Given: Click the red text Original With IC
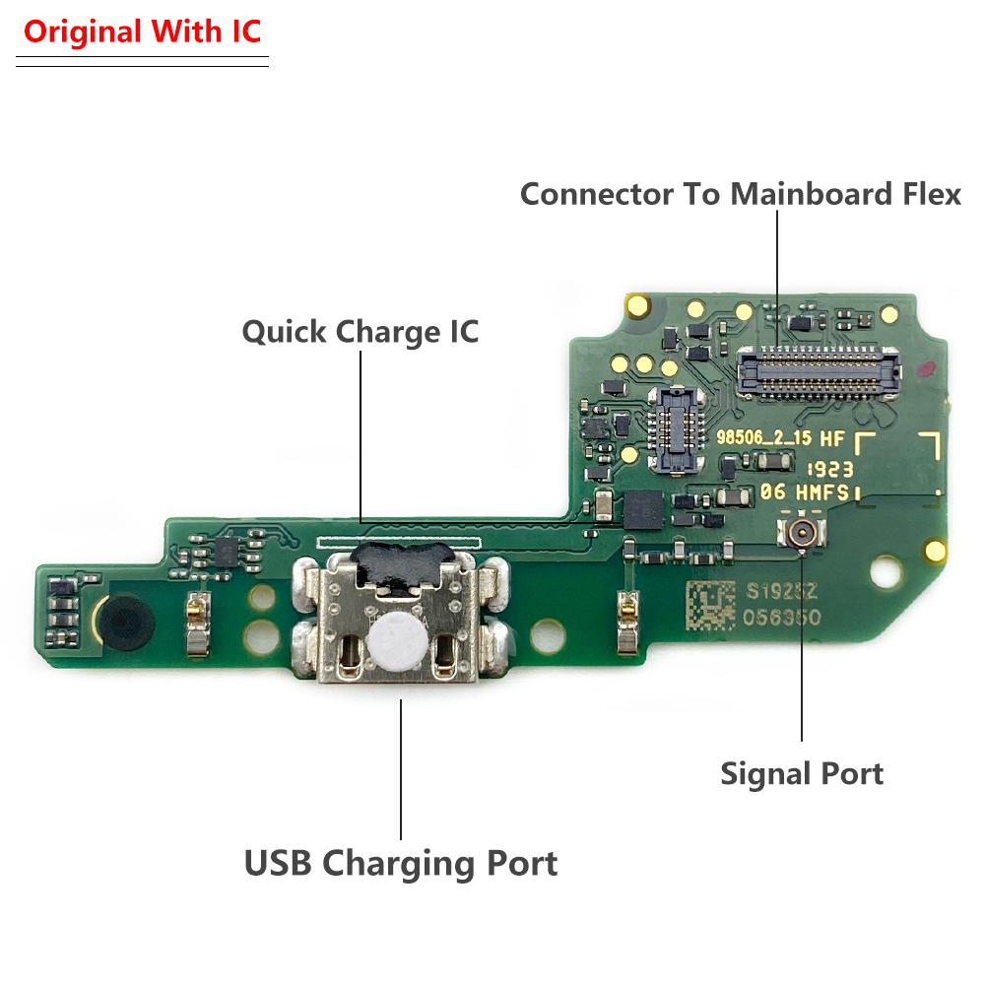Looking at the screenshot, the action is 142,32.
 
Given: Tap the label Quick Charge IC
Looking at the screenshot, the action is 361,332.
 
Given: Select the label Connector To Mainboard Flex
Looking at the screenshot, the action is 741,193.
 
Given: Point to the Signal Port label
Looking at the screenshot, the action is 802,774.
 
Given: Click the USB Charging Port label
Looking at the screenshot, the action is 401,863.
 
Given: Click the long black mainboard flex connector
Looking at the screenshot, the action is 818,372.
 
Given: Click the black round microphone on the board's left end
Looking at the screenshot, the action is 126,622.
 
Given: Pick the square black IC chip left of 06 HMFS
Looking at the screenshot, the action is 642,509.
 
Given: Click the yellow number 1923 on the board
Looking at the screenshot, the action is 829,469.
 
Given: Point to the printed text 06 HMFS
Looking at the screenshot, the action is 805,492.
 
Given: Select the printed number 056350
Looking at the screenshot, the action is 782,618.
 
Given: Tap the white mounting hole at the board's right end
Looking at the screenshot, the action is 886,571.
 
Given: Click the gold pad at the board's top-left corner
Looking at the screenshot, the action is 637,306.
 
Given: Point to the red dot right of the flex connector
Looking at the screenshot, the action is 925,368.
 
